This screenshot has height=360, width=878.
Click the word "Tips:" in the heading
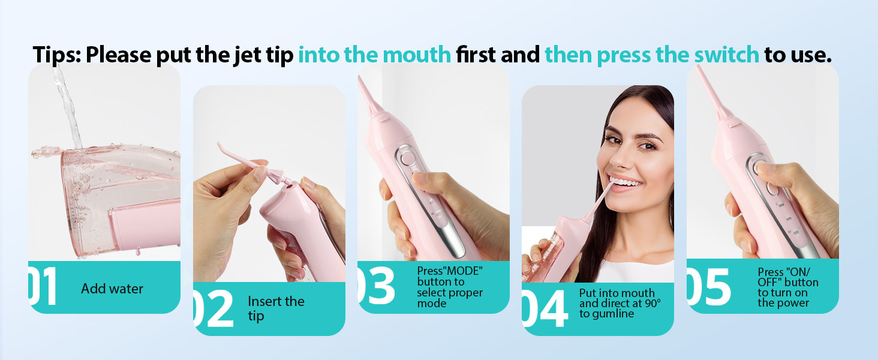pyautogui.click(x=57, y=55)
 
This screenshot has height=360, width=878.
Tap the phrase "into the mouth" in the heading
pyautogui.click(x=374, y=55)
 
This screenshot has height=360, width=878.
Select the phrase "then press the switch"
pyautogui.click(x=652, y=55)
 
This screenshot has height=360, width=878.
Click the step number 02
pyautogui.click(x=214, y=309)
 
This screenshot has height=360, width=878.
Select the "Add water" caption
pyautogui.click(x=112, y=289)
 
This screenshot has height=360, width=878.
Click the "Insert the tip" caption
pyautogui.click(x=276, y=308)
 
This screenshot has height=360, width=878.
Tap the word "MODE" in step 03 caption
pyautogui.click(x=463, y=271)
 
